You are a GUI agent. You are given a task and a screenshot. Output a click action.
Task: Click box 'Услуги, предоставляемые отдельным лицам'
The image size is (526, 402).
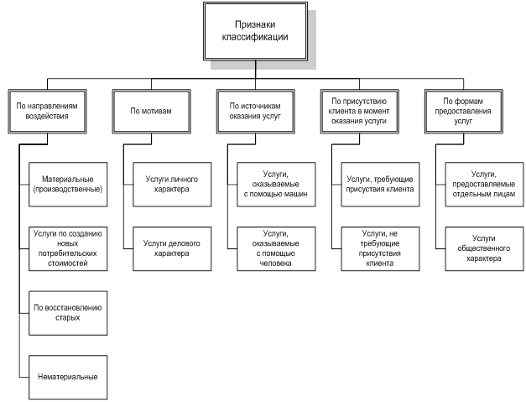pos(484,184)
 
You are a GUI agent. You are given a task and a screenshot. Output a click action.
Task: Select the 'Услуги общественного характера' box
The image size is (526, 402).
pos(484,248)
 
